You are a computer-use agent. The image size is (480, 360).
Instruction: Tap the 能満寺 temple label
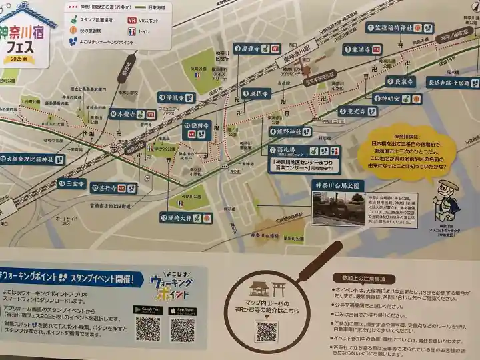click(363, 49)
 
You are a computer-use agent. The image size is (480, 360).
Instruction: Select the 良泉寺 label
click(401, 81)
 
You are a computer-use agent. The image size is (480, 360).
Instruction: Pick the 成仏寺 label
click(257, 93)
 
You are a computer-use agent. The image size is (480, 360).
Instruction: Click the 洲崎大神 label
click(186, 217)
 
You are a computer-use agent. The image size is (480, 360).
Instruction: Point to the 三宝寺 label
click(71, 183)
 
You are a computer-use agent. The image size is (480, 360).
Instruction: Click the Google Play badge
click(148, 310)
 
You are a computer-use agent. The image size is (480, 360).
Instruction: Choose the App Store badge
click(182, 310)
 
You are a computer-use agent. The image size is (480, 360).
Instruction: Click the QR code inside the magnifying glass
click(266, 331)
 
